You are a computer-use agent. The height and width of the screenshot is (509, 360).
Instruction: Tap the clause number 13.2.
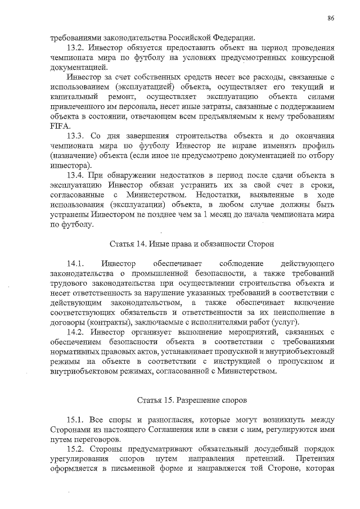(76, 48)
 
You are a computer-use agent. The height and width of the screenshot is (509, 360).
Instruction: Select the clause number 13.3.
(76, 137)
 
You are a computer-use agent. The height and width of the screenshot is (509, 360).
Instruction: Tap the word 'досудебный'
(255, 449)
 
